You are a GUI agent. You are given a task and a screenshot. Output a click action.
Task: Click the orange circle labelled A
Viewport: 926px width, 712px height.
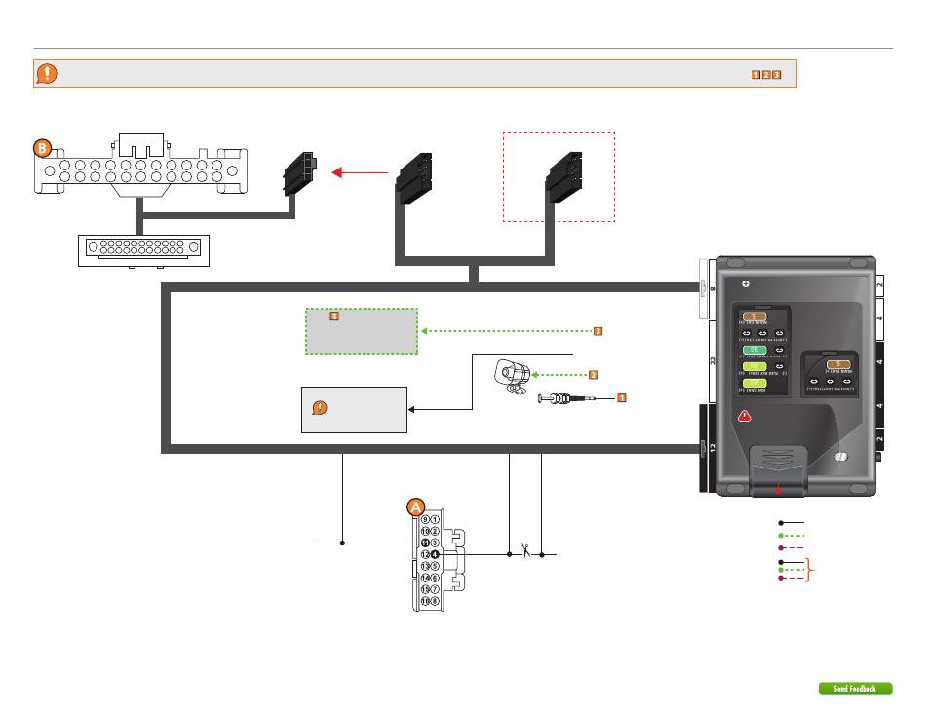(415, 506)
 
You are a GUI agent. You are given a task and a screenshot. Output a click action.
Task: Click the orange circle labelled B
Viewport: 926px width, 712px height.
(42, 149)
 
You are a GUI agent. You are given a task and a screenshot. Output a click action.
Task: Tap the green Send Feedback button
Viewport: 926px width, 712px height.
(855, 689)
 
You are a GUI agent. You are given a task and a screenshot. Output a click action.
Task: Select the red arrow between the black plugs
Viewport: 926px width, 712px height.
(358, 172)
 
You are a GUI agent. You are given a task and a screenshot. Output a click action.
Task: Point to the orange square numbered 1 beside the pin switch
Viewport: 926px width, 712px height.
(620, 397)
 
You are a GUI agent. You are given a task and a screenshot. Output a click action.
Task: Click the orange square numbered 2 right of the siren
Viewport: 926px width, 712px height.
(591, 374)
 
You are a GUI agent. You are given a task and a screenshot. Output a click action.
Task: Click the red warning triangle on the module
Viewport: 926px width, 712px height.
(744, 416)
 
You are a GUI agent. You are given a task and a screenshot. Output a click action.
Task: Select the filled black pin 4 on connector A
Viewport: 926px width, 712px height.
(435, 554)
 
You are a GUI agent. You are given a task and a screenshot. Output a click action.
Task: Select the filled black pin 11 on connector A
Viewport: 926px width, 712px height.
(425, 543)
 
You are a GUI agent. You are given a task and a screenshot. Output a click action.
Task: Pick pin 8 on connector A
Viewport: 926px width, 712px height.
(435, 601)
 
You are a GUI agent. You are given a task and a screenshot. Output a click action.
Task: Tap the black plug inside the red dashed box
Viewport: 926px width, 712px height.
(563, 175)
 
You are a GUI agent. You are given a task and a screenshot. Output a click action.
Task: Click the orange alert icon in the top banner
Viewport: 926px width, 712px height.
(47, 74)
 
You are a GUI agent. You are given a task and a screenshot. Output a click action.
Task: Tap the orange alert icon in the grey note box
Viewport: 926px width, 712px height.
(318, 409)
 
